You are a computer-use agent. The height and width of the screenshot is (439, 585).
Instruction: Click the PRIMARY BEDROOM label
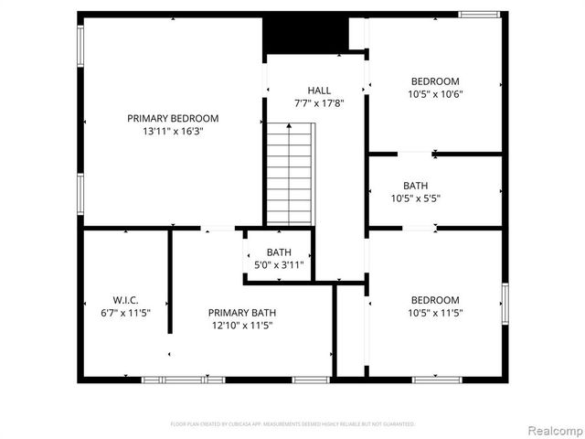(173, 118)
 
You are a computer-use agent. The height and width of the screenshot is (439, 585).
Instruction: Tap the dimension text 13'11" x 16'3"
(173, 131)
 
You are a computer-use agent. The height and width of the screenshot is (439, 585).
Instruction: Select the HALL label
(319, 91)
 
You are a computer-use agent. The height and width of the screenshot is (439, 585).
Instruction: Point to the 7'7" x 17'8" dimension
(319, 103)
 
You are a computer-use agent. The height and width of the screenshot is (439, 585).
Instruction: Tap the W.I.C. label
(125, 300)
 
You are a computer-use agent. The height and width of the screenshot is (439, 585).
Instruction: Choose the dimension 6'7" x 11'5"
(125, 313)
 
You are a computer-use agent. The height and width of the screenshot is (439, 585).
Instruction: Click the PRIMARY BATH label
(241, 312)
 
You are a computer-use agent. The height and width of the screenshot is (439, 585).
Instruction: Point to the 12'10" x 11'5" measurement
(241, 325)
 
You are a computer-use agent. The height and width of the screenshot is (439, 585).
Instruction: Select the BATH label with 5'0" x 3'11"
(279, 252)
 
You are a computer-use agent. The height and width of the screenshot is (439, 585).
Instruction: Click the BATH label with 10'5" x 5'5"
(415, 185)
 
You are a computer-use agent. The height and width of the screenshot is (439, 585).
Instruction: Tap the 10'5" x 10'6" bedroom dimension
(434, 94)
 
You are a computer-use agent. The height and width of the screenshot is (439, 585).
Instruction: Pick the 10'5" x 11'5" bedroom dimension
(434, 313)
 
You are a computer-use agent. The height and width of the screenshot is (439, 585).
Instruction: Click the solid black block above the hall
(306, 34)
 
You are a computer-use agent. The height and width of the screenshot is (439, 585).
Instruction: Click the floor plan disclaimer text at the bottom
(292, 424)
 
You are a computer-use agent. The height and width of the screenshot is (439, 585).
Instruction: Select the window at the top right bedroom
(479, 14)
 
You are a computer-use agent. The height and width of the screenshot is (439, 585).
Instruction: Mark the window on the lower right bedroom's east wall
(504, 303)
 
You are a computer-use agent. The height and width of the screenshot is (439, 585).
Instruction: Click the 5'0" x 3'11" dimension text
(279, 265)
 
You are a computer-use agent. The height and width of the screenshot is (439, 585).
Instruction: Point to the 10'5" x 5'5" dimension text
(415, 198)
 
